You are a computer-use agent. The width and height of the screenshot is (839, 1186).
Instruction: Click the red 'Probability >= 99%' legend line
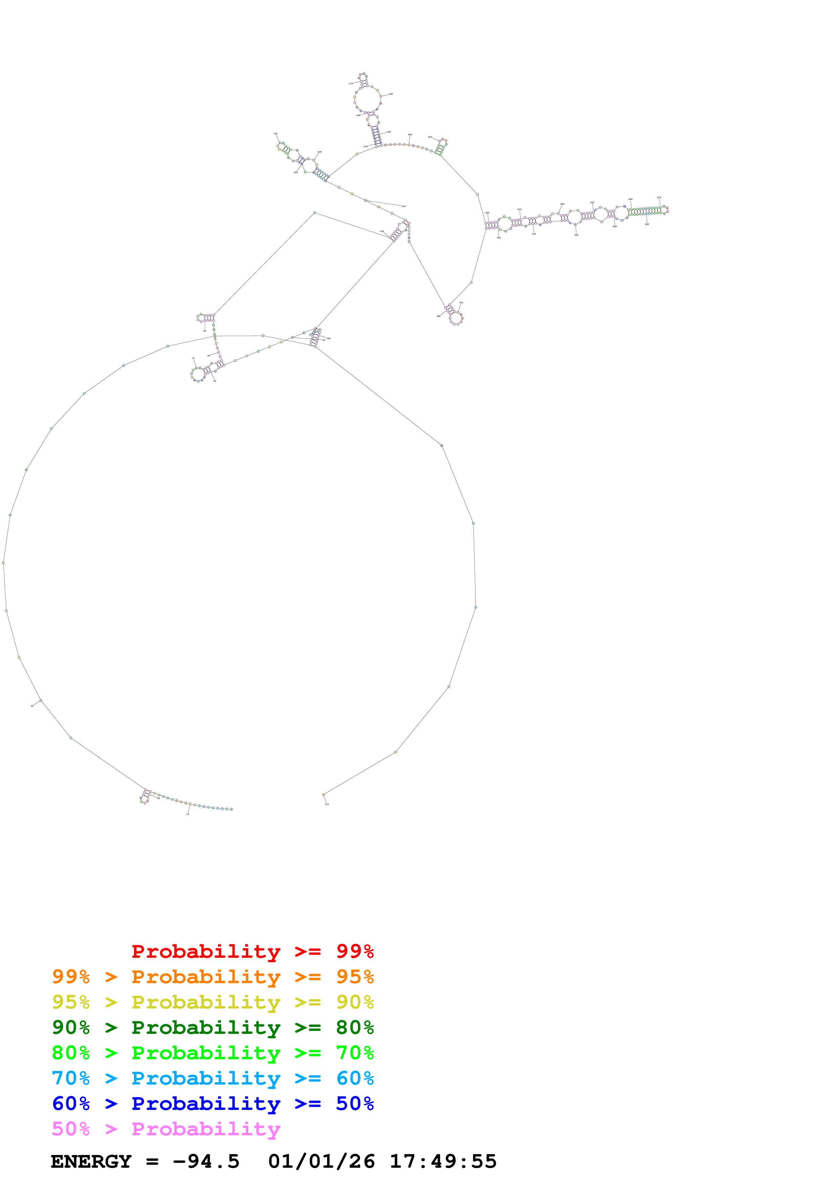pos(252,951)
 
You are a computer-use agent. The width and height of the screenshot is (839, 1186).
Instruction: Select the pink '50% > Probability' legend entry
pos(165,1129)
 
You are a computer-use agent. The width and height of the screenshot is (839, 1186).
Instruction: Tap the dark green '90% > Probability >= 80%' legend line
pos(213,1027)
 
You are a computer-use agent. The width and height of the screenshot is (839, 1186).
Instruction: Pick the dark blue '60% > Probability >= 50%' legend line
pos(213,1104)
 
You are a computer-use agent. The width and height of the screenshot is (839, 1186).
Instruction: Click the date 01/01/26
pos(321,1162)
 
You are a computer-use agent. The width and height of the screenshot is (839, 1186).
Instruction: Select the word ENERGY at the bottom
pos(91,1162)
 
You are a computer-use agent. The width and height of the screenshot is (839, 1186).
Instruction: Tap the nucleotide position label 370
pos(327,804)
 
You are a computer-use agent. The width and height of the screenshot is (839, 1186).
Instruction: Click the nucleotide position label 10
pos(187,814)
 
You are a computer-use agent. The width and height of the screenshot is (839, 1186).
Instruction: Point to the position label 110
pos(404,206)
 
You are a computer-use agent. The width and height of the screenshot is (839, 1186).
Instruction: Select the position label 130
pos(275,134)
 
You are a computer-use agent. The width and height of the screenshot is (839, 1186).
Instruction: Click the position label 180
pos(391,94)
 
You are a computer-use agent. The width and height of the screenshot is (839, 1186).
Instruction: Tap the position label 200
pos(410,135)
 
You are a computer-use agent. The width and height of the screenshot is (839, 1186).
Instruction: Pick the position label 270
pos(659,197)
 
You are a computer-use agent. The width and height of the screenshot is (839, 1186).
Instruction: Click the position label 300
pos(576,235)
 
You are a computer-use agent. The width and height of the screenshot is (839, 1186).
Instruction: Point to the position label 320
pos(499,238)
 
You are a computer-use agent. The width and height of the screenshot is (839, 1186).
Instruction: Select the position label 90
pos(205,331)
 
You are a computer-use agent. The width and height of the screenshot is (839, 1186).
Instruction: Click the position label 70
pos(193,358)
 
